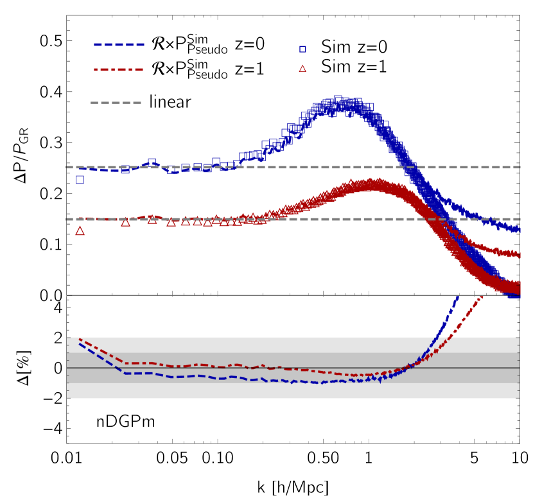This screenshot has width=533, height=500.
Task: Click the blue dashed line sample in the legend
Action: pyautogui.click(x=119, y=44)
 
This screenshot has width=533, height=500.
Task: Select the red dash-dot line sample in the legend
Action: pyautogui.click(x=119, y=69)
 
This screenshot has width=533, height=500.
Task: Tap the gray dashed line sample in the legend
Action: pyautogui.click(x=116, y=103)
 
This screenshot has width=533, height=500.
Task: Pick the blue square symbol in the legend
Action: pyautogui.click(x=302, y=49)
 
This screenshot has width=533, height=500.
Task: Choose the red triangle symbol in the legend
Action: pyautogui.click(x=302, y=69)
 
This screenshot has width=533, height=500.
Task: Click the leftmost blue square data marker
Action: pyautogui.click(x=80, y=180)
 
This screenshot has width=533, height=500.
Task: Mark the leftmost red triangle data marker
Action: pyautogui.click(x=80, y=231)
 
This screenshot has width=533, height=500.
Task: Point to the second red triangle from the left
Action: pyautogui.click(x=125, y=222)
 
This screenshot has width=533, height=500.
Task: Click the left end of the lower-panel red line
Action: pyautogui.click(x=80, y=339)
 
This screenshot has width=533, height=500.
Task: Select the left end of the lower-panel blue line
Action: pyautogui.click(x=80, y=344)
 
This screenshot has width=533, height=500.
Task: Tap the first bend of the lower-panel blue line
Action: pyautogui.click(x=125, y=373)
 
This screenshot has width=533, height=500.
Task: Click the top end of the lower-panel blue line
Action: pyautogui.click(x=458, y=297)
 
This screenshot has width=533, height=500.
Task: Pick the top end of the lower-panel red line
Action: pyautogui.click(x=482, y=297)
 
